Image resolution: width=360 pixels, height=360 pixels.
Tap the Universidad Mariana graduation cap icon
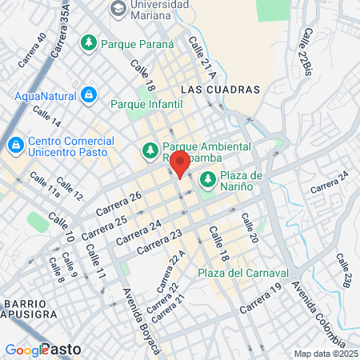118,9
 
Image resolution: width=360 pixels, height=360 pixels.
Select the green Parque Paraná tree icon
89,42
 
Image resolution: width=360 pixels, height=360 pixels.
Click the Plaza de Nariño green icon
208,178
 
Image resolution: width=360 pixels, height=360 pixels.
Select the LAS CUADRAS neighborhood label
221,89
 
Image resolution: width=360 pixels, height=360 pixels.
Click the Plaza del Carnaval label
231,273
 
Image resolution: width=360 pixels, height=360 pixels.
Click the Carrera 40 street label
30,49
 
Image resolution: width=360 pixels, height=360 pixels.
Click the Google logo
26,350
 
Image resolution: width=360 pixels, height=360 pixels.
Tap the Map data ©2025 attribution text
326,354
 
